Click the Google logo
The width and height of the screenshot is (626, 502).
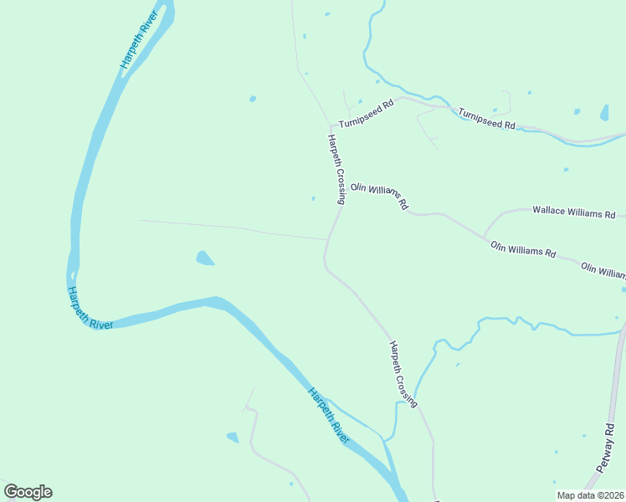click(28, 492)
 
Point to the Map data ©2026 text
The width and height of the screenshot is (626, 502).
click(589, 495)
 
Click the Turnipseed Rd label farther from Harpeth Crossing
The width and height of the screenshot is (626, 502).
click(485, 119)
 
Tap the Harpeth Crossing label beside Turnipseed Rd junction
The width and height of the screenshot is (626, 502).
click(336, 168)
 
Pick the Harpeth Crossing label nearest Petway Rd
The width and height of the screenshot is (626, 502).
click(403, 374)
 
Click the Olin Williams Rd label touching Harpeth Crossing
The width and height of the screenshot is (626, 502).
click(379, 197)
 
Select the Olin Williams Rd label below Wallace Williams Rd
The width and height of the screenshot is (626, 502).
click(523, 248)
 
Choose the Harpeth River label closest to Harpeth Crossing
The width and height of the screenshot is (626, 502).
click(328, 415)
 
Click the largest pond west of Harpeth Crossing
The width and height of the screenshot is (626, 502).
click(204, 258)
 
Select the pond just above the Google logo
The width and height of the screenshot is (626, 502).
click(232, 437)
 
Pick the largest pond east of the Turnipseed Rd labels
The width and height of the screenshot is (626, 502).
click(604, 112)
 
